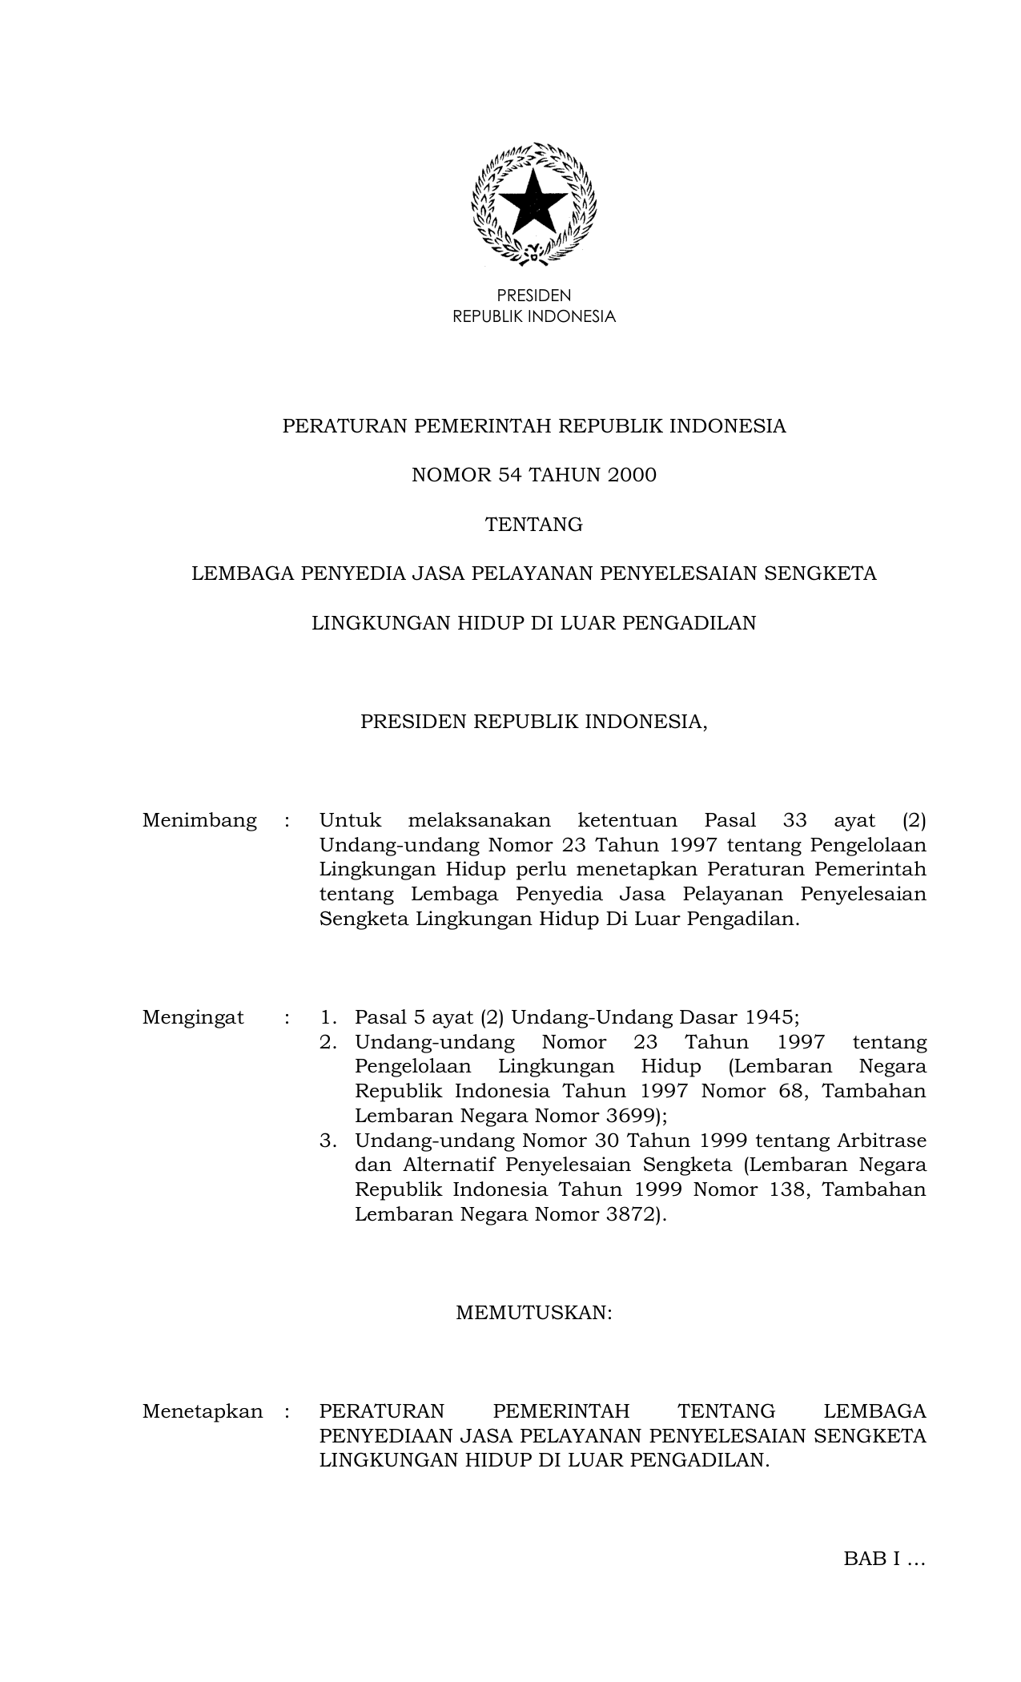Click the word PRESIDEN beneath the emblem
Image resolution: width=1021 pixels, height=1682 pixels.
[x=533, y=296]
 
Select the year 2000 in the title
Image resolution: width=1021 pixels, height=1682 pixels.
[x=631, y=475]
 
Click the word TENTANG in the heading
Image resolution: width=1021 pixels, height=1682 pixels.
[x=533, y=525]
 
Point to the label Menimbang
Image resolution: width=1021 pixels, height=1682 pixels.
[x=199, y=820]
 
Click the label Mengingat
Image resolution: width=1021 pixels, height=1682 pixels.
[x=193, y=1017]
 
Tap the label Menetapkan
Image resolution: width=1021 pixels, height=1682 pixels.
[x=202, y=1411]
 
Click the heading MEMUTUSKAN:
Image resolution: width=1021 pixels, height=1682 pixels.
[x=533, y=1313]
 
